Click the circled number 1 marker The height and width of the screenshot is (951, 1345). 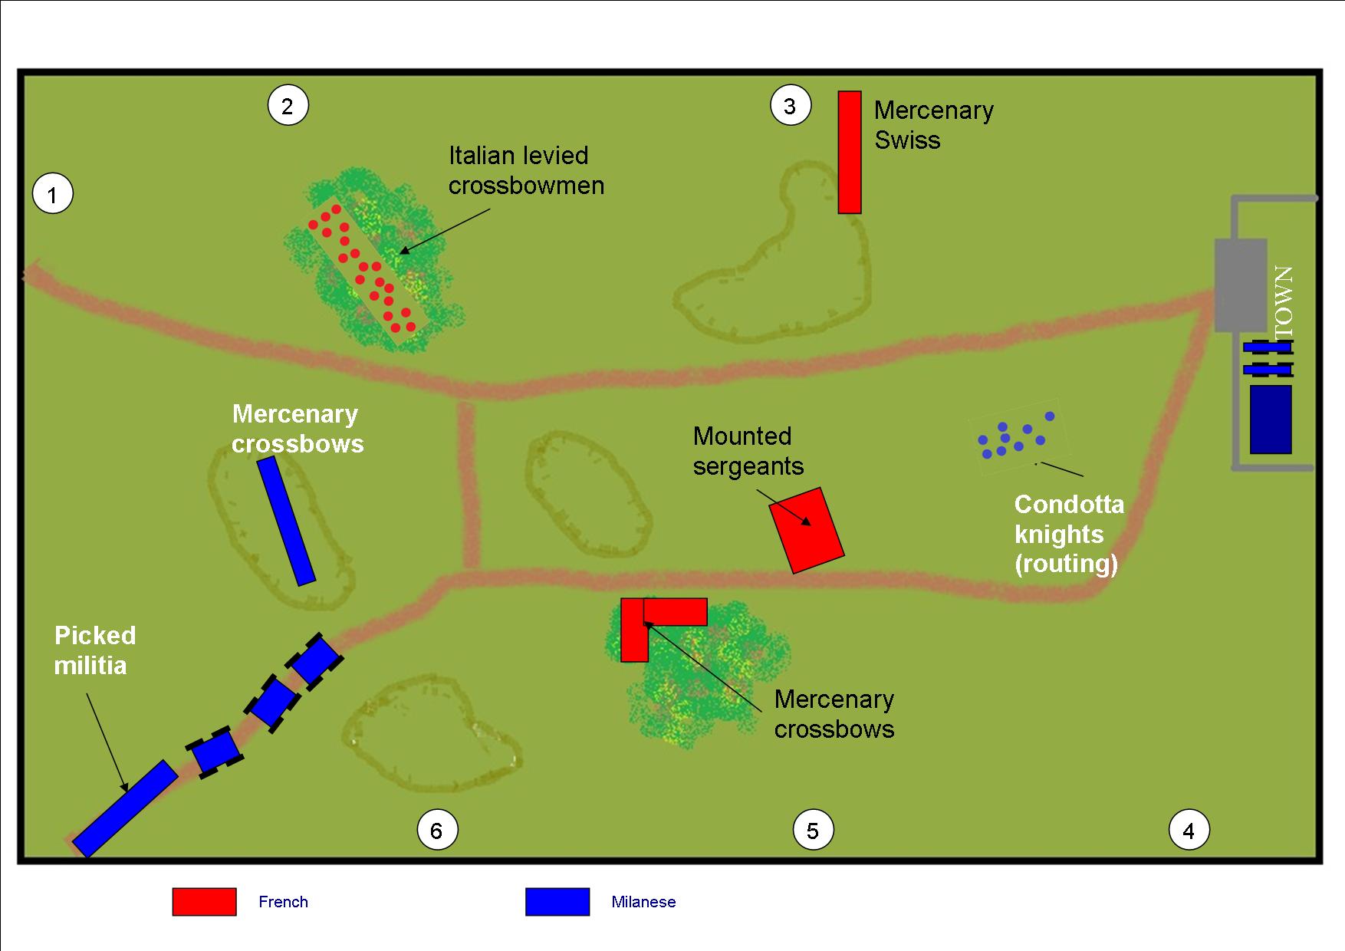(x=52, y=195)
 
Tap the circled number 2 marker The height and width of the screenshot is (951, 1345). (x=288, y=106)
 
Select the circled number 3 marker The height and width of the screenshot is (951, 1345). (x=790, y=106)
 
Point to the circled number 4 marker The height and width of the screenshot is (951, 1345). (x=1189, y=831)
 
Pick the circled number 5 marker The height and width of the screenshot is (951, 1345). (x=813, y=831)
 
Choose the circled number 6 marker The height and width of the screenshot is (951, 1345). (x=436, y=831)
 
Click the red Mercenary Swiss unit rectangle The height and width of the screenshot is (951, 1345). (x=849, y=152)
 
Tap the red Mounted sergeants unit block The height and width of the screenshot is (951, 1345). (x=807, y=530)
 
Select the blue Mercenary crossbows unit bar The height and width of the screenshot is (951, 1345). (x=286, y=521)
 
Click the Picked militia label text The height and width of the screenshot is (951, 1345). (x=95, y=650)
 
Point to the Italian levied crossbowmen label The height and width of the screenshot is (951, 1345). (x=526, y=170)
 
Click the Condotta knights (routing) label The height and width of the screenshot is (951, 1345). (x=1069, y=534)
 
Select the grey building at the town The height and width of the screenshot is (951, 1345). (x=1240, y=285)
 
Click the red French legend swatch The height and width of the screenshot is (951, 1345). (x=204, y=902)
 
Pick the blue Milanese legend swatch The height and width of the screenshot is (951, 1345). (x=557, y=902)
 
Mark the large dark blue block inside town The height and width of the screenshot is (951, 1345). (x=1271, y=420)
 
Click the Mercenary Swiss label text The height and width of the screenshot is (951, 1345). (x=933, y=125)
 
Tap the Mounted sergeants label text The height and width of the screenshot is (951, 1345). (x=748, y=451)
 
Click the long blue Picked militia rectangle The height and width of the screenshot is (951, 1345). (x=125, y=808)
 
